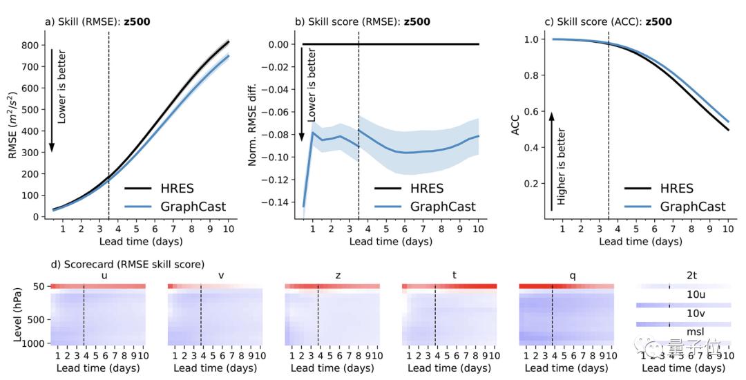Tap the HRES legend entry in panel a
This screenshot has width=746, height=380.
pos(175,189)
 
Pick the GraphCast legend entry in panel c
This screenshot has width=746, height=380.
pos(693,206)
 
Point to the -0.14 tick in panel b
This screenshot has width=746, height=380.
pos(276,202)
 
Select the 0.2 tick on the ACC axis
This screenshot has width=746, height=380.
pos(532,184)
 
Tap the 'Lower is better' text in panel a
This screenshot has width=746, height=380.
pos(62,86)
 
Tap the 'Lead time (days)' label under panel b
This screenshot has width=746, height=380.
pos(391,241)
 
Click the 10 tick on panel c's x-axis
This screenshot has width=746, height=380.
pos(728,229)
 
